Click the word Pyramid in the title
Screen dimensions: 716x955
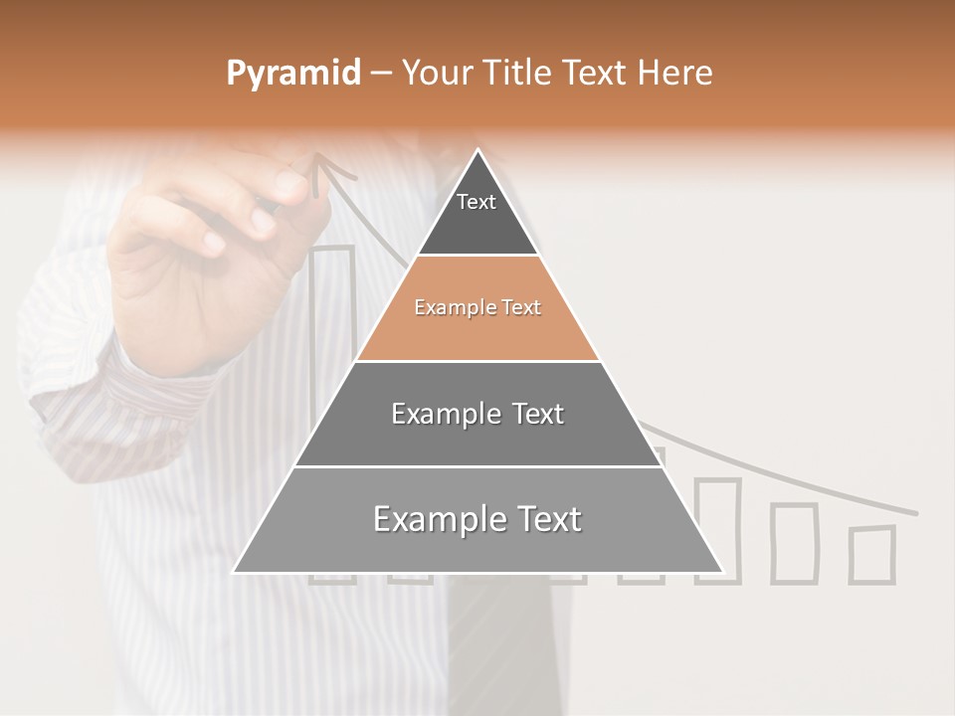click(x=293, y=74)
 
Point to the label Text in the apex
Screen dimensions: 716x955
click(x=477, y=202)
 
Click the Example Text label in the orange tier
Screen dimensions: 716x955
click(x=477, y=307)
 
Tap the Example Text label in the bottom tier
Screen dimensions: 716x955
click(x=477, y=519)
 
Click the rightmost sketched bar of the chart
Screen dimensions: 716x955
click(x=872, y=554)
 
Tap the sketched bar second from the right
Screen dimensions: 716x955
click(x=794, y=542)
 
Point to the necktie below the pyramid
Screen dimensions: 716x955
click(x=497, y=646)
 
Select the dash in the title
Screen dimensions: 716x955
click(x=381, y=74)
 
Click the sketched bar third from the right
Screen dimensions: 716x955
click(x=717, y=529)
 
